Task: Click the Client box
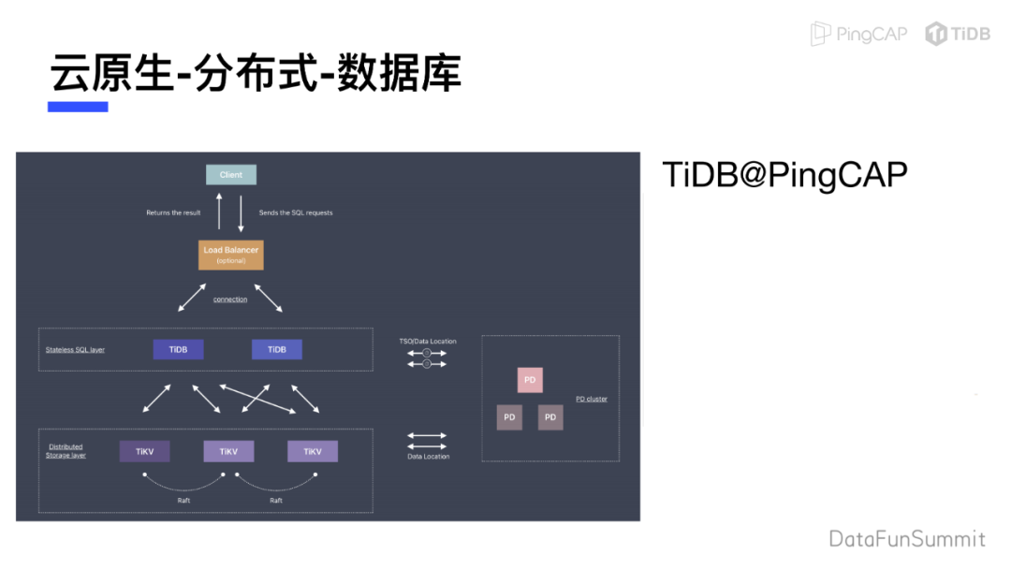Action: (x=231, y=175)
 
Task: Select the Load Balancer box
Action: (x=231, y=254)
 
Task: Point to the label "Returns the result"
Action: (x=173, y=213)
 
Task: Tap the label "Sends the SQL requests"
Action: (x=296, y=213)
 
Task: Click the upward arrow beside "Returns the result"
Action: (x=219, y=212)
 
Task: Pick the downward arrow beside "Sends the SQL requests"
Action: (x=242, y=212)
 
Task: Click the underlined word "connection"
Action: (x=230, y=299)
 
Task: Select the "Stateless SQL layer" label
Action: (x=75, y=350)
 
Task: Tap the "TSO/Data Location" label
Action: (x=428, y=342)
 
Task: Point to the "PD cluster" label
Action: (x=592, y=400)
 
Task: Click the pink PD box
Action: (x=530, y=380)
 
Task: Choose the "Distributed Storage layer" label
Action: (x=66, y=451)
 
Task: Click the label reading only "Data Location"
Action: (x=428, y=457)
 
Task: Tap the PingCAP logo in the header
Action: (x=858, y=34)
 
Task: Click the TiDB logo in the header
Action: (x=958, y=34)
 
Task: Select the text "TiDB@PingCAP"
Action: (x=784, y=175)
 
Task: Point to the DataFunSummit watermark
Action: (x=906, y=539)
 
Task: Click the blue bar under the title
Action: (x=78, y=107)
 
